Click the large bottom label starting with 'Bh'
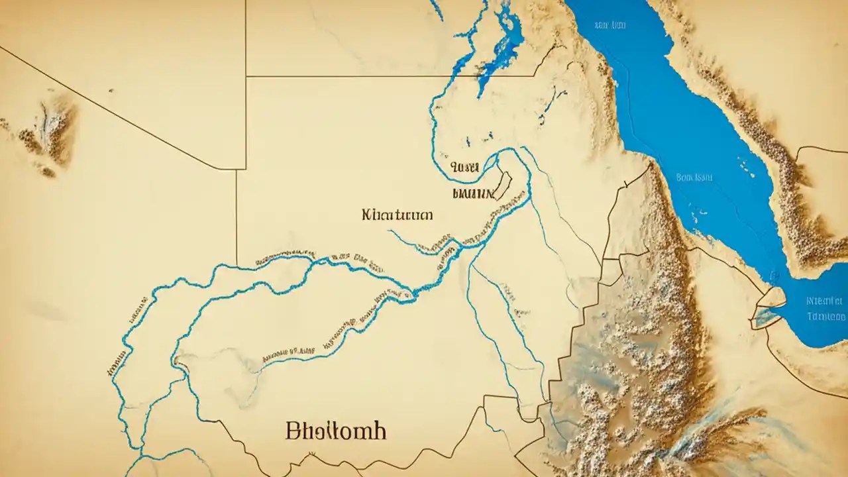click(x=336, y=431)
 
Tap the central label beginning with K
click(x=397, y=215)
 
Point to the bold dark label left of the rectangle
click(x=472, y=194)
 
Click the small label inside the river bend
click(x=464, y=168)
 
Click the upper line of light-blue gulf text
click(x=826, y=300)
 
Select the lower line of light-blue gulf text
click(x=827, y=316)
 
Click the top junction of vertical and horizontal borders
click(x=246, y=76)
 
